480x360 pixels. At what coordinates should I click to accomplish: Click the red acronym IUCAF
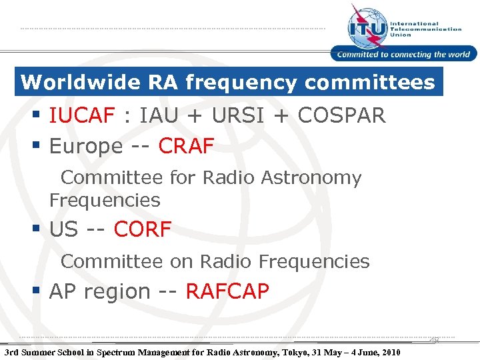pos(82,116)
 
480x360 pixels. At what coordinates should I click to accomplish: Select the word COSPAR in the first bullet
pos(341,116)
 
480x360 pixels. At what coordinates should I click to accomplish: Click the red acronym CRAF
pos(186,146)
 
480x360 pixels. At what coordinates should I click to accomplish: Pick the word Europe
pos(85,146)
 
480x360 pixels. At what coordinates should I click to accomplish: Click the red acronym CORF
pos(143,230)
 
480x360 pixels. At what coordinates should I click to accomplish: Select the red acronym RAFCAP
pos(227,291)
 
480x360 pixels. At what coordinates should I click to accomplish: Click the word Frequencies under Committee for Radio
pos(105,200)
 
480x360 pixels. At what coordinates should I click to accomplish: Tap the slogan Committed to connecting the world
pos(403,55)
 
